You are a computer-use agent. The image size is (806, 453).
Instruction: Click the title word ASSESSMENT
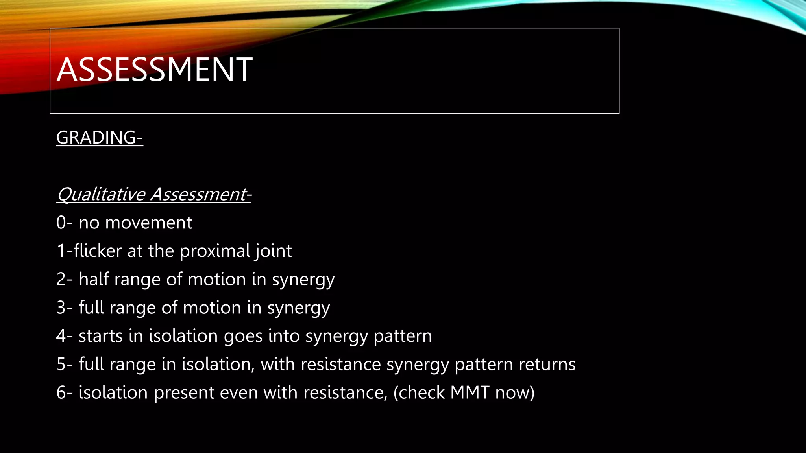(x=154, y=70)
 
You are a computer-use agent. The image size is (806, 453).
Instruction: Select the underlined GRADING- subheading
(x=100, y=138)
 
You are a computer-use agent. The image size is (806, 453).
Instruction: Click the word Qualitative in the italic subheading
(x=102, y=194)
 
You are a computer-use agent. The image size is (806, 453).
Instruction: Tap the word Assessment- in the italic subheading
(x=201, y=194)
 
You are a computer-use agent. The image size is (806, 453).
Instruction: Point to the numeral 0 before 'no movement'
(x=61, y=223)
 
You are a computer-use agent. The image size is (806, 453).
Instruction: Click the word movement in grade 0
(x=149, y=223)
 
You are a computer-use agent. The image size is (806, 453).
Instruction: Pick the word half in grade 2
(x=94, y=279)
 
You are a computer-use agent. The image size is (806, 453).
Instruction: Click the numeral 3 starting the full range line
(x=61, y=308)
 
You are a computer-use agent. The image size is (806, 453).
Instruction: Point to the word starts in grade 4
(x=101, y=336)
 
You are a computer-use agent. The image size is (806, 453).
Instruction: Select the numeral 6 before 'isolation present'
(x=61, y=393)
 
